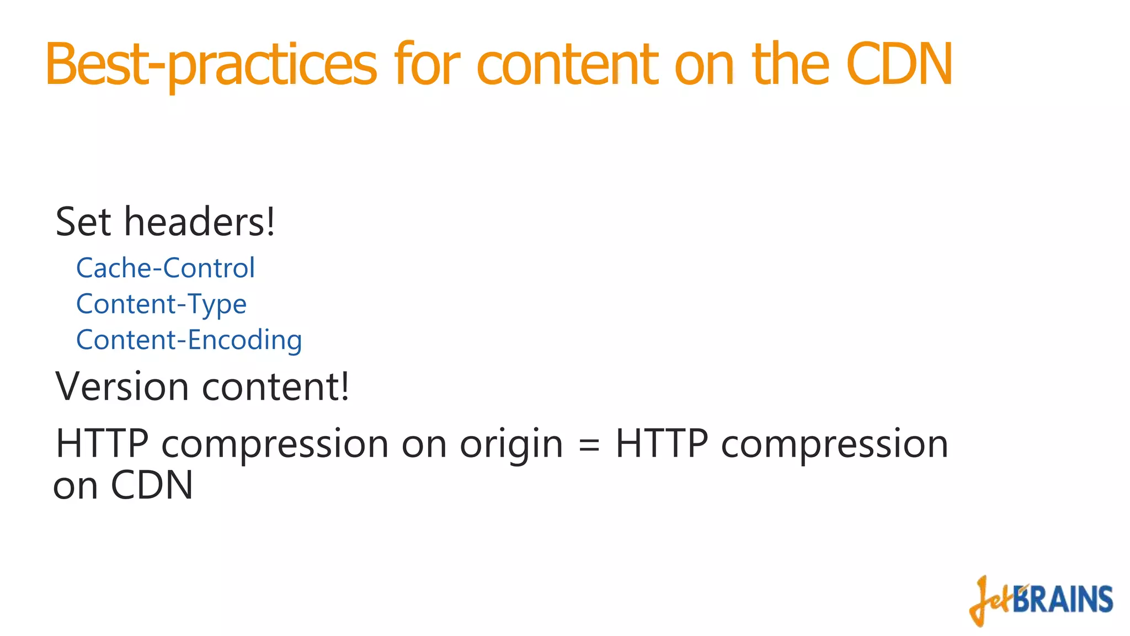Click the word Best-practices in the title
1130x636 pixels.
click(x=211, y=65)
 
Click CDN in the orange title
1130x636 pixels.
click(x=899, y=65)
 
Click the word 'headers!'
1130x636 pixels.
click(x=199, y=222)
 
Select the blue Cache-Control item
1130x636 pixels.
click(x=166, y=268)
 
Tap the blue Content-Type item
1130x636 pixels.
click(x=161, y=305)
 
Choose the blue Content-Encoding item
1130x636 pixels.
click(x=189, y=340)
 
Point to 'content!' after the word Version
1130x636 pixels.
click(x=276, y=386)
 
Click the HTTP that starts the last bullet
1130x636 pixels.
click(x=102, y=444)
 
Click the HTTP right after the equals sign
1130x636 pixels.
click(x=662, y=444)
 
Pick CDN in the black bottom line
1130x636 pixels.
click(x=152, y=486)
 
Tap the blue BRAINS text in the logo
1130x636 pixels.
click(x=1063, y=600)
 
